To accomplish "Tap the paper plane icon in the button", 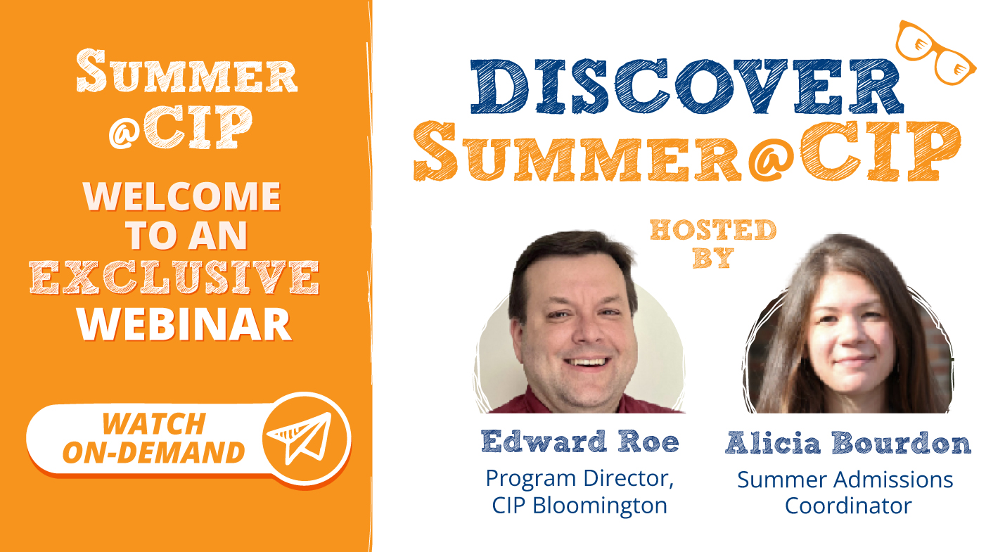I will [307, 436].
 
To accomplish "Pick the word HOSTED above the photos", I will [713, 230].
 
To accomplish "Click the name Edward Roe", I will [580, 442].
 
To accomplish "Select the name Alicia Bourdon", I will [848, 443].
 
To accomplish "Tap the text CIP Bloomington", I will [579, 506].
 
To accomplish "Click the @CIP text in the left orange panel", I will [181, 127].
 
